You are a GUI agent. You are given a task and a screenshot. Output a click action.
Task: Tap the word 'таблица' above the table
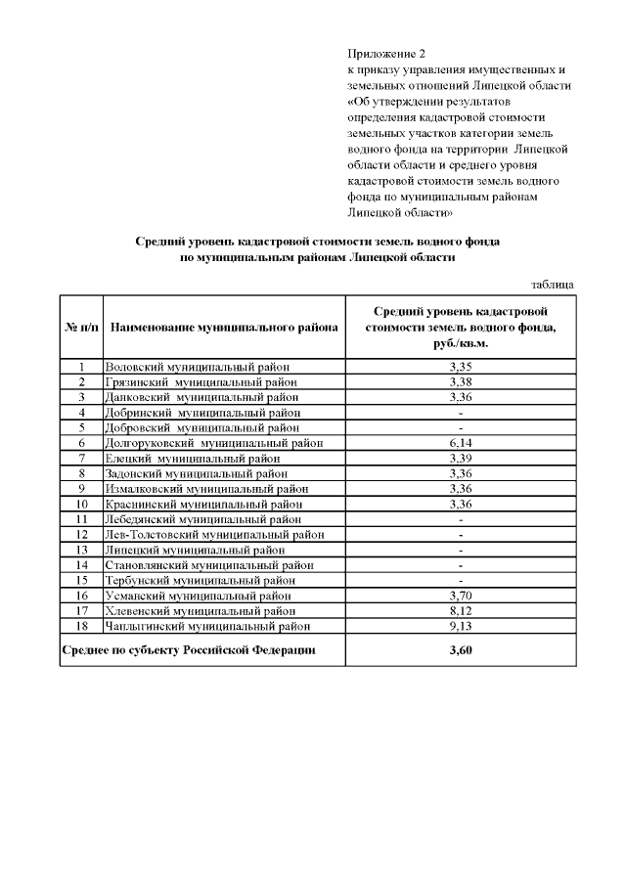[552, 285]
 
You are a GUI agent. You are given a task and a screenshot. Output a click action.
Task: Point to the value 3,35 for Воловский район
[461, 367]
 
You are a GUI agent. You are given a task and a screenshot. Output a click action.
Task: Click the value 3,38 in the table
[461, 381]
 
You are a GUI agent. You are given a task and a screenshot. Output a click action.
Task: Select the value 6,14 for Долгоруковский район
[461, 443]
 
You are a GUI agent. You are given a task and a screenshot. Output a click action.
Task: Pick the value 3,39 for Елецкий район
[461, 458]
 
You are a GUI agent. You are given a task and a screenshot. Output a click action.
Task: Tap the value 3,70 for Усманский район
[461, 596]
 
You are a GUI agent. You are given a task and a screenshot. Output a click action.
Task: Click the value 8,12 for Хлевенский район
[461, 610]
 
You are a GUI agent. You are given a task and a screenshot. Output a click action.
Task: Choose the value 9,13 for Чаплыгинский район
[461, 626]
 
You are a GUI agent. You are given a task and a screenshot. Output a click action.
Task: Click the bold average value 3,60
[461, 649]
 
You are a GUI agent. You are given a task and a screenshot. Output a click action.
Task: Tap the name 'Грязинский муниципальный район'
[201, 381]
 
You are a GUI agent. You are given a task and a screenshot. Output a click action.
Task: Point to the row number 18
[82, 626]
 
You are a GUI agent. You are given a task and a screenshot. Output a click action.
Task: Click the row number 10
[82, 504]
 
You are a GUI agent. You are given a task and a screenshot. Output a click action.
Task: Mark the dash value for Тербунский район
[461, 580]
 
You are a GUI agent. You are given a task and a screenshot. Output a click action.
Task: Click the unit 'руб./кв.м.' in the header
[461, 344]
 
